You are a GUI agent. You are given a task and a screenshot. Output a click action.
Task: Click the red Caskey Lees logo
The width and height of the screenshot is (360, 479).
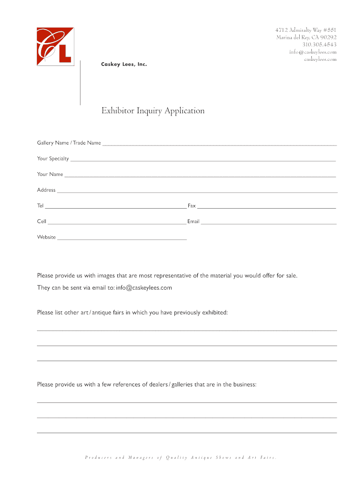(55, 46)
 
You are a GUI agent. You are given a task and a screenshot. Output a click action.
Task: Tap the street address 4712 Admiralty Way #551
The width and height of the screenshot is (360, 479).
(306, 30)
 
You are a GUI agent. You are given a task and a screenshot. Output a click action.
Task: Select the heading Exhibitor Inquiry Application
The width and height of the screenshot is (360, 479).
(153, 111)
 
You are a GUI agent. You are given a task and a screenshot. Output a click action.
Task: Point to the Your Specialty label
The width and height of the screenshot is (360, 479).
(53, 159)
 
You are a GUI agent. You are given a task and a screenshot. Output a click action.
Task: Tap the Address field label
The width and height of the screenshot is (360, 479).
(46, 190)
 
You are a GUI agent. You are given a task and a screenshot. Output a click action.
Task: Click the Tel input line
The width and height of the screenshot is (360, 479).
(115, 207)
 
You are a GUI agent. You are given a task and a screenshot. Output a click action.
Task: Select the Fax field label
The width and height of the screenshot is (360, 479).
(192, 206)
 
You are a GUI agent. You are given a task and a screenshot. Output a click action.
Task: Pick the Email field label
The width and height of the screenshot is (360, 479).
(194, 221)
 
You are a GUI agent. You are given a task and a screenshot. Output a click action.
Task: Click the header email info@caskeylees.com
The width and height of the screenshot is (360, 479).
(312, 52)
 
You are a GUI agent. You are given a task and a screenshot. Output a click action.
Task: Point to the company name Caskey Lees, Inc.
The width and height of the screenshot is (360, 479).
(124, 65)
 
